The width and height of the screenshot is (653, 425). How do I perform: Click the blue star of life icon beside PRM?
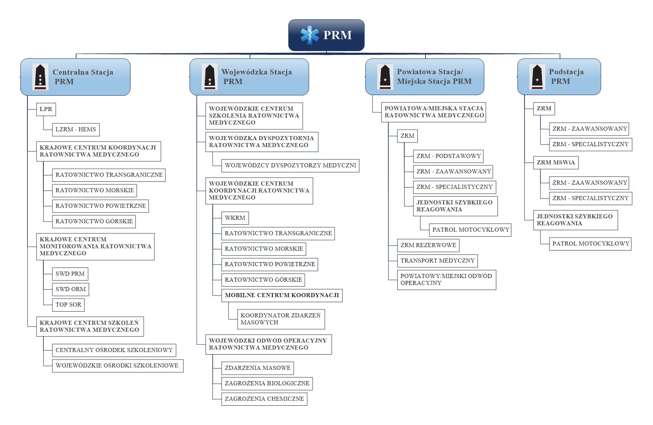310,35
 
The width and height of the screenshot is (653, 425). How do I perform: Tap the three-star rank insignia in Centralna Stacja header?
40,77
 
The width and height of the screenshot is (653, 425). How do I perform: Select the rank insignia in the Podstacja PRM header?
537,77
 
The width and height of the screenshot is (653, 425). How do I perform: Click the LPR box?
46,109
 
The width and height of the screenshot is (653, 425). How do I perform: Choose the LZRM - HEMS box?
76,129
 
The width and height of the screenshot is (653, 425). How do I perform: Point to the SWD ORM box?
70,289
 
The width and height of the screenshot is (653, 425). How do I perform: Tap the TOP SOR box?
68,305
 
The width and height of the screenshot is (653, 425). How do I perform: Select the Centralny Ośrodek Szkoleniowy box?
114,350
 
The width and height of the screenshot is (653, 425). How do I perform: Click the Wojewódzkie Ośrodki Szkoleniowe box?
118,366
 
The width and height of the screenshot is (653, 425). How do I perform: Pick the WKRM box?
235,218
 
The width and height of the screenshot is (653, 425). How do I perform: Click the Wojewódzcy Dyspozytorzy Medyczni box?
290,166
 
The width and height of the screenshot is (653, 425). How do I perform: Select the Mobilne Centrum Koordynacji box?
282,295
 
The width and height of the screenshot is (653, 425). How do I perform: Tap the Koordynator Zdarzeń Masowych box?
281,319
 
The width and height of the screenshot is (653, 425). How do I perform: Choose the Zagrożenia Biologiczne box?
267,384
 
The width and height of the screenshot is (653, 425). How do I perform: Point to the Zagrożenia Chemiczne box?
264,399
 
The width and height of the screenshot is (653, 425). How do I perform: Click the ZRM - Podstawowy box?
448,156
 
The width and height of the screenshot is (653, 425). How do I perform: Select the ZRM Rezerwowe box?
428,245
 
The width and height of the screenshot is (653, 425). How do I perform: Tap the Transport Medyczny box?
437,261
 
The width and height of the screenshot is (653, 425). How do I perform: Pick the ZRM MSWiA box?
556,163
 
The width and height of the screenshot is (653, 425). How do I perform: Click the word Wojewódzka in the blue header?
244,72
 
